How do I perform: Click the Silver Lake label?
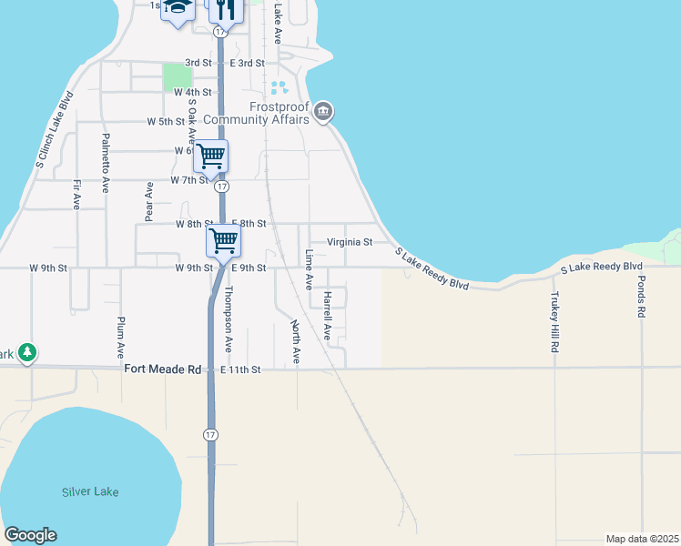tap(90, 492)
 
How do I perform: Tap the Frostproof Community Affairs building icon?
tap(324, 113)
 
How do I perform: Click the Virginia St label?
tap(351, 242)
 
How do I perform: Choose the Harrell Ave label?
tap(327, 315)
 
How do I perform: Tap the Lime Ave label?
tap(309, 270)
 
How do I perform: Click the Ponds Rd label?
tap(641, 297)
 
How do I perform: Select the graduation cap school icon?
tap(178, 7)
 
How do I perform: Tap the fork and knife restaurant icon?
tap(224, 8)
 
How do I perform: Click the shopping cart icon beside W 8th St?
tap(223, 240)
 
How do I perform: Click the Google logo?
tap(30, 535)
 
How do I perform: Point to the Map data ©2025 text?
tap(642, 539)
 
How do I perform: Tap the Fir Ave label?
tap(76, 193)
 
